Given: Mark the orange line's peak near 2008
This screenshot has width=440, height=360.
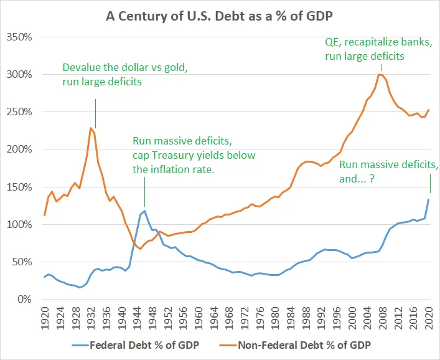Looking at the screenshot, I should pyautogui.click(x=379, y=74).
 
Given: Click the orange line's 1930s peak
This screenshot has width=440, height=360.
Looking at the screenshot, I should pyautogui.click(x=91, y=128).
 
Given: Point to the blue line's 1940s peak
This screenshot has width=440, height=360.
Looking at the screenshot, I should pyautogui.click(x=145, y=211).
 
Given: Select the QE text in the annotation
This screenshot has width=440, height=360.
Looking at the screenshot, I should pyautogui.click(x=332, y=43).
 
